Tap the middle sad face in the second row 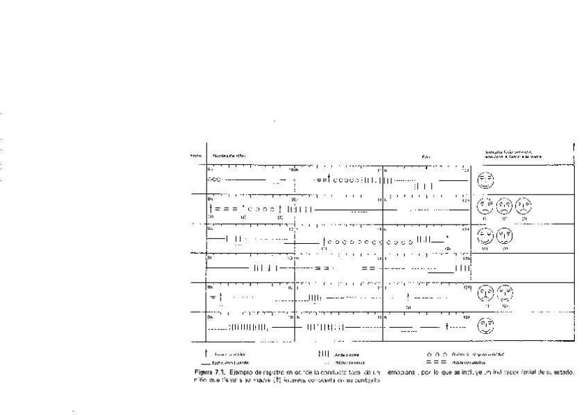point(505,206)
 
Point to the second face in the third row point(505,236)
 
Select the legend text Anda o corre point(345,355)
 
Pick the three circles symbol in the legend point(438,354)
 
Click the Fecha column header point(196,155)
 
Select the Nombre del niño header point(229,155)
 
